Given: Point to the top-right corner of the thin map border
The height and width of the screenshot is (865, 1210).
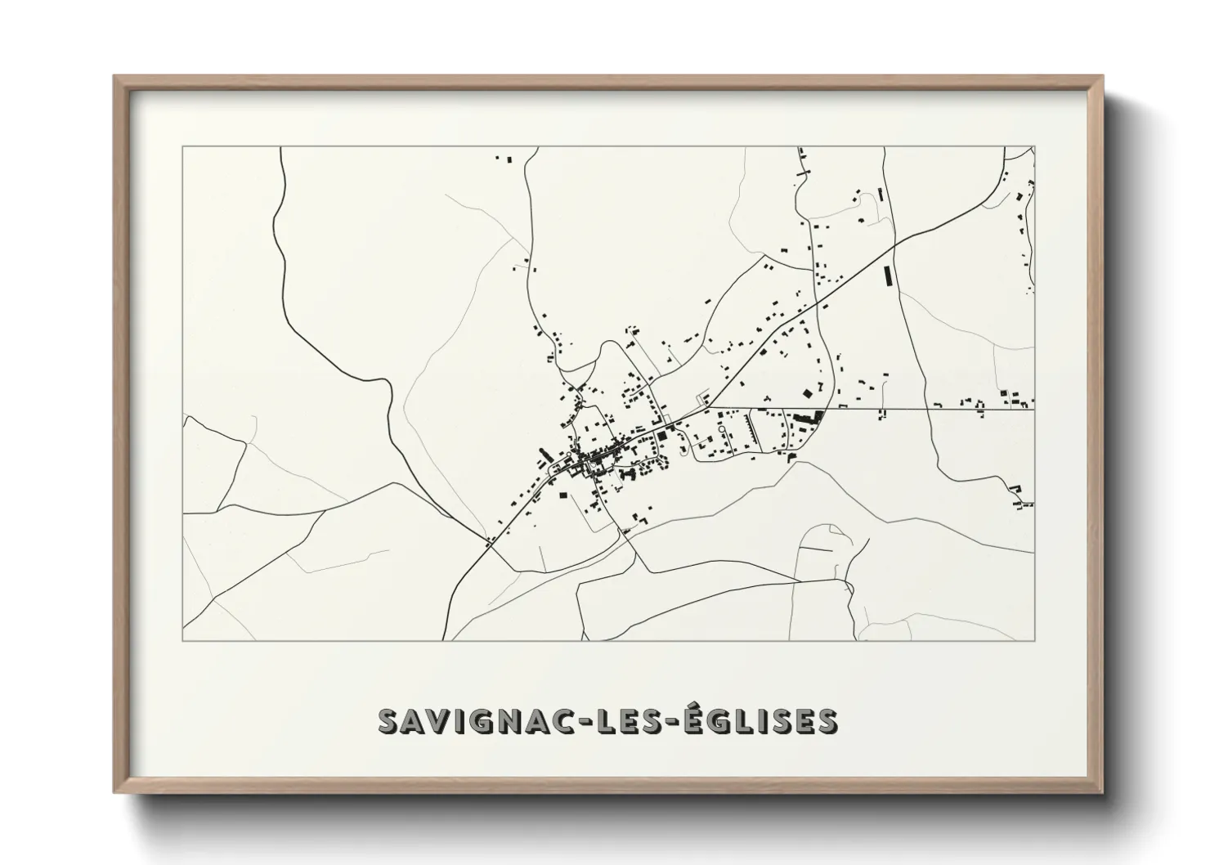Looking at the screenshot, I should click(1034, 147).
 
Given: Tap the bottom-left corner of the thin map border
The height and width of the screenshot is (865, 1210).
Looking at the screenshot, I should click(183, 640).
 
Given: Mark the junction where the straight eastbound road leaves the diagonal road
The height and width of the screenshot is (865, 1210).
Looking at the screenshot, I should click(708, 406).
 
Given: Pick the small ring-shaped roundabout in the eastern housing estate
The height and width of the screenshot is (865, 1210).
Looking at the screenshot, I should click(722, 427).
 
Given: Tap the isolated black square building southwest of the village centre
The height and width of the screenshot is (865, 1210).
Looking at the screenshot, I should click(562, 494).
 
